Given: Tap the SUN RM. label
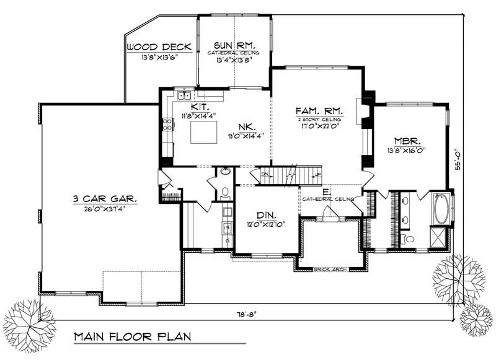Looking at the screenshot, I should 232,45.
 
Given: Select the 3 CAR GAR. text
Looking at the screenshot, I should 104,200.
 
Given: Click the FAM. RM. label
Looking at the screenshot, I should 320,109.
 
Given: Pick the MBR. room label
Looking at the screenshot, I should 405,140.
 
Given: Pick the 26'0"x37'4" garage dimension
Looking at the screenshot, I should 104,209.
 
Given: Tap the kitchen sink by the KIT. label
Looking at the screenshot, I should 184,95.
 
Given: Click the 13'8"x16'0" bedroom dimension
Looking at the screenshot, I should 405,150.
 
